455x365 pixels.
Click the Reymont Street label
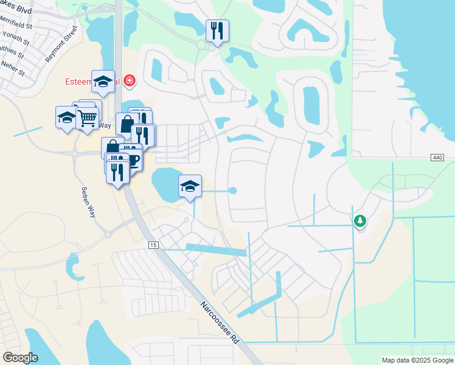click(x=61, y=44)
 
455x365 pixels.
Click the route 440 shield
click(x=437, y=158)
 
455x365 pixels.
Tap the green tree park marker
click(x=359, y=221)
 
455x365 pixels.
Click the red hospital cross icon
click(x=129, y=80)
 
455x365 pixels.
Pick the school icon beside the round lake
click(x=190, y=186)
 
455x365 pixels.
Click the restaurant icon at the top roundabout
click(x=217, y=30)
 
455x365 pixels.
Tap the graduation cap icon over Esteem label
click(x=103, y=82)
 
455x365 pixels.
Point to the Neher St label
click(x=12, y=68)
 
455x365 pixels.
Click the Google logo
click(x=21, y=358)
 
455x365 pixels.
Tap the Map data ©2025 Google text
click(x=417, y=360)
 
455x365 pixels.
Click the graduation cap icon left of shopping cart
click(x=66, y=117)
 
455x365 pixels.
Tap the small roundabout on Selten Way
click(x=108, y=234)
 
